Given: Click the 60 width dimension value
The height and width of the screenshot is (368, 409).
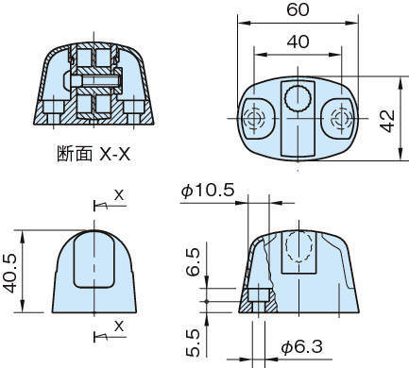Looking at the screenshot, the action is coord(298,9).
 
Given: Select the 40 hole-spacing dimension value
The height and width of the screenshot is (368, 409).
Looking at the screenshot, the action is coord(298,42).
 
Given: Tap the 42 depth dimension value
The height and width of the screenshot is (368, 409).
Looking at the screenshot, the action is coord(387,121).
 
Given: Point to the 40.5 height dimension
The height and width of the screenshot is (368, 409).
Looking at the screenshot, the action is coord(10,273).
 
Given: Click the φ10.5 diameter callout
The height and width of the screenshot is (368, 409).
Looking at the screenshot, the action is coord(208,191).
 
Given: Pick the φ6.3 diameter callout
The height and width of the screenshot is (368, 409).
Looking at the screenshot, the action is coord(302,346).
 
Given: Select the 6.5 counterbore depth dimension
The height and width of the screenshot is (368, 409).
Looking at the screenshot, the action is coord(193,261).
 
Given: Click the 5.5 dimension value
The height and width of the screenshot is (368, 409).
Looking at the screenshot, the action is coord(193,343).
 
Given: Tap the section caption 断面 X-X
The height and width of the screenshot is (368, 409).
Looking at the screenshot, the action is coord(94,154).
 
